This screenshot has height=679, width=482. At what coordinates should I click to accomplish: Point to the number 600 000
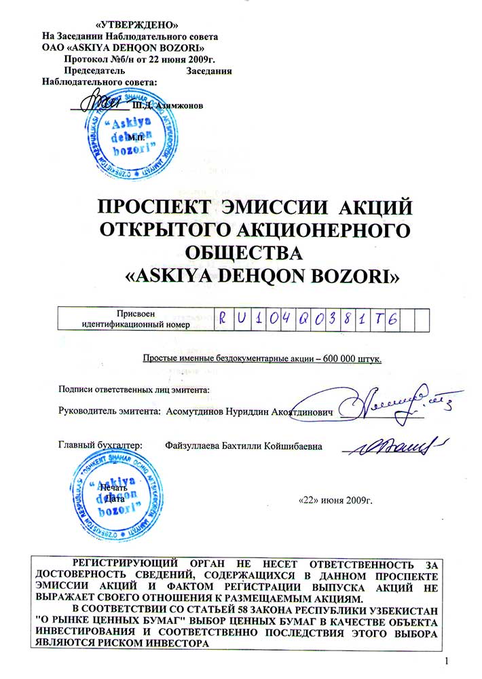pyautogui.click(x=348, y=358)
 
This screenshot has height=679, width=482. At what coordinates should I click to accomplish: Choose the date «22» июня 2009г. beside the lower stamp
pyautogui.click(x=336, y=502)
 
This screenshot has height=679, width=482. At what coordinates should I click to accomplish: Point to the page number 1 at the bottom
pyautogui.click(x=447, y=661)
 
